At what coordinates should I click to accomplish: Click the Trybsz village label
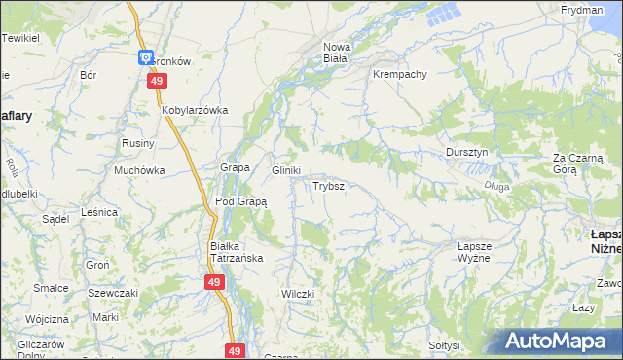pos(327,185)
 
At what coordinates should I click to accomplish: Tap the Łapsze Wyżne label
pos(474,253)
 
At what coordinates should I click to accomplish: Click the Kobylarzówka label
pos(195,110)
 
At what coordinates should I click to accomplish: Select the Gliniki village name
pos(285,170)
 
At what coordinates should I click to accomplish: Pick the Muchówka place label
pos(139,170)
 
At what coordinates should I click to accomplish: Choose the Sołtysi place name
pos(443,345)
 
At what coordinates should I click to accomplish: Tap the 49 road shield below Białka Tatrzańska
pos(215,282)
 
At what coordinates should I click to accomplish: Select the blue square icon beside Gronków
pos(145,58)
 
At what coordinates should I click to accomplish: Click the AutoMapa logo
pos(559,342)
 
